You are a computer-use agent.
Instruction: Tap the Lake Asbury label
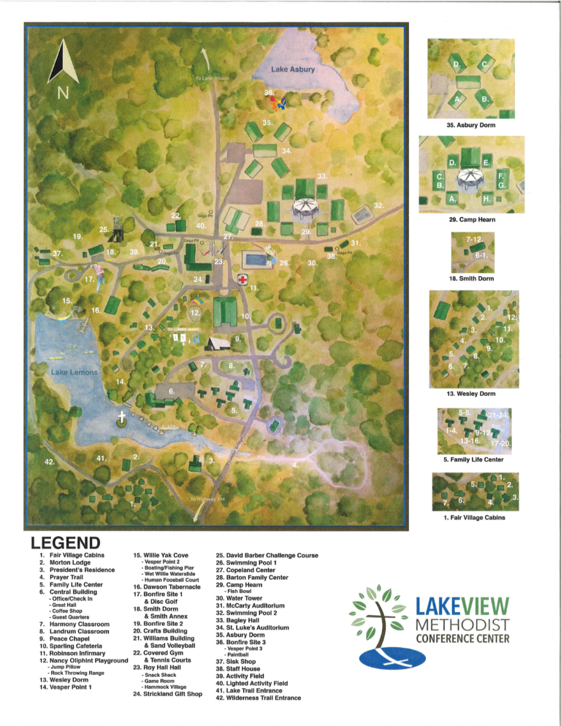click(x=292, y=70)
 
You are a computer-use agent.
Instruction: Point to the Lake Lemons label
click(x=74, y=372)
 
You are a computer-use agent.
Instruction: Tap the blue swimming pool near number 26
click(x=254, y=259)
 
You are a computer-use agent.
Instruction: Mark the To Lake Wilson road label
click(x=212, y=77)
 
